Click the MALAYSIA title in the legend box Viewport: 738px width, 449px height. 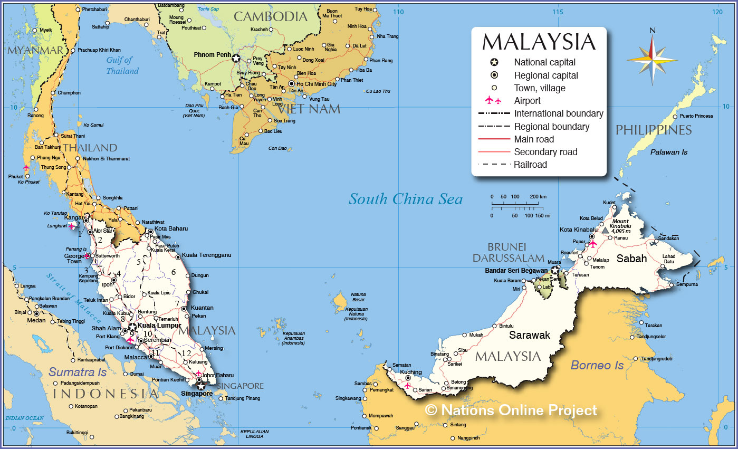click(x=539, y=42)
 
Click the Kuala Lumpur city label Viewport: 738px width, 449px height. click(x=159, y=326)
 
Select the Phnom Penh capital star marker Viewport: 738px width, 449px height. click(x=236, y=58)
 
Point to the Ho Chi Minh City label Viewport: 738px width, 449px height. click(x=316, y=84)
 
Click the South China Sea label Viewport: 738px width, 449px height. click(x=405, y=199)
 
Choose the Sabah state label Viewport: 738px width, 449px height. click(x=631, y=259)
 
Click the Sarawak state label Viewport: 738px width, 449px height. click(x=529, y=335)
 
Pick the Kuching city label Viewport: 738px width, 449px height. click(x=411, y=372)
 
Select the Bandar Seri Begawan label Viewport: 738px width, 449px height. click(x=516, y=271)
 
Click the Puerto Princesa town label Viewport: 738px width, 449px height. click(x=696, y=116)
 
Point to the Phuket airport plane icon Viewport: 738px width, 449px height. click(x=26, y=168)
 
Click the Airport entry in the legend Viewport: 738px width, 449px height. click(x=527, y=101)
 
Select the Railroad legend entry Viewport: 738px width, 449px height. click(x=530, y=165)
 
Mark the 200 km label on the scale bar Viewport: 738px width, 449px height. click(x=538, y=197)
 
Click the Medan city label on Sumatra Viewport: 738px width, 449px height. click(x=36, y=320)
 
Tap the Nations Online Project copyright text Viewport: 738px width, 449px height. click(x=511, y=410)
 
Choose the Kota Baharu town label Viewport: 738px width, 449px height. click(x=171, y=229)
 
